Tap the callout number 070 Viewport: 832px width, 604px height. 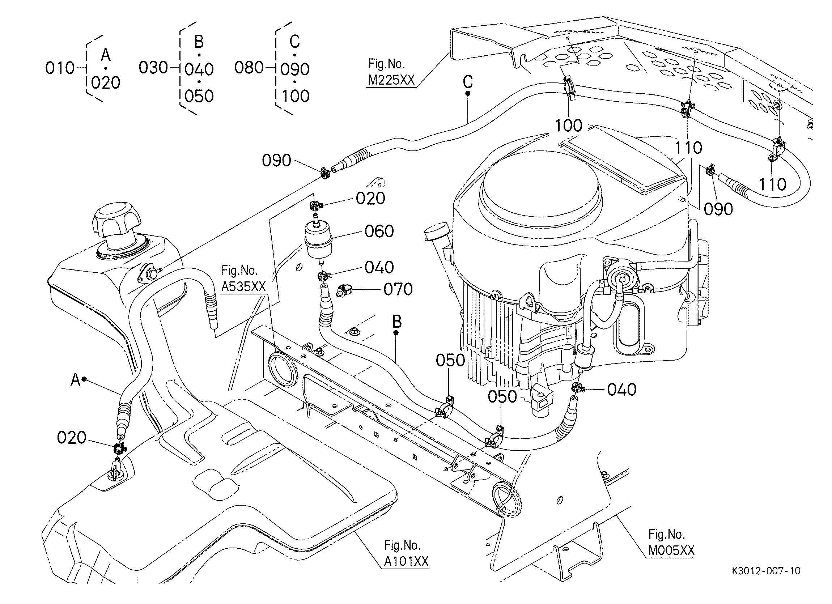click(398, 289)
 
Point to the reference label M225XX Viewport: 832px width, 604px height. click(391, 80)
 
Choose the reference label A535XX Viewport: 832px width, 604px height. click(243, 286)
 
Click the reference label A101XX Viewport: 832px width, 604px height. click(406, 561)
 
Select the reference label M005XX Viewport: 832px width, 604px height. click(671, 550)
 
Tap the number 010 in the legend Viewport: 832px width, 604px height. click(60, 68)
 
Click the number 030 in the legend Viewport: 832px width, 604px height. click(153, 68)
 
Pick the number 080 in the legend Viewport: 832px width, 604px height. click(249, 68)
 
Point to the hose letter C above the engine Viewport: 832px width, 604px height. click(468, 82)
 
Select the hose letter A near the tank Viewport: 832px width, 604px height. click(75, 380)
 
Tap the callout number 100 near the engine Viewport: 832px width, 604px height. click(569, 126)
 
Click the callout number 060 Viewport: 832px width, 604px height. click(379, 231)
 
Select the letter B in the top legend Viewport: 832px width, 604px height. click(199, 42)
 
